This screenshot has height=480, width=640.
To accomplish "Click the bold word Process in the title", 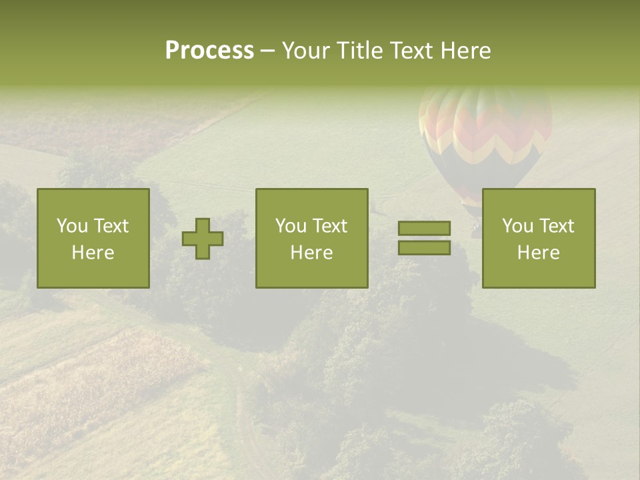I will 209,51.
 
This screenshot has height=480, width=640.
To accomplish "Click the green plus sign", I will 203,239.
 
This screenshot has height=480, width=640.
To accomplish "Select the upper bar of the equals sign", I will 424,229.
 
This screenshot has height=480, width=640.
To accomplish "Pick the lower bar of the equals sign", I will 424,248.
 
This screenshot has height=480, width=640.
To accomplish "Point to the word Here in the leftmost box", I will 93,253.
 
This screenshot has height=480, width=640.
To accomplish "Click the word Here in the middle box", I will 312,253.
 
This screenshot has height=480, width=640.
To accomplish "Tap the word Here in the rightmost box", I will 539,253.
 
